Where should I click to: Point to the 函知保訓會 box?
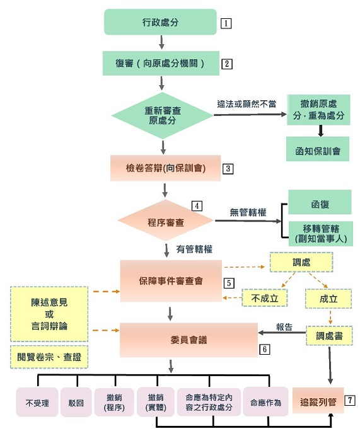(318, 149)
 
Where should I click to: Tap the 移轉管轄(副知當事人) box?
(319, 232)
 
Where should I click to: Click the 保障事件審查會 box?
(171, 281)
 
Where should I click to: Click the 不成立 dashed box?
(265, 298)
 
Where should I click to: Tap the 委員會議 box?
(171, 340)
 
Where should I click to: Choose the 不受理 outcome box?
(37, 402)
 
